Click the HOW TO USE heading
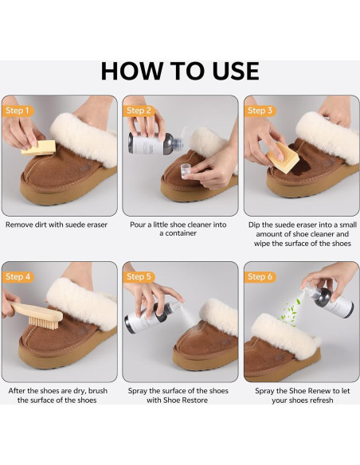180,71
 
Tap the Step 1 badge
18,111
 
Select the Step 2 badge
138,111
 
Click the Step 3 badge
260,111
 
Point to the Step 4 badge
18,276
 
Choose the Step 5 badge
138,276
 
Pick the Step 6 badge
260,276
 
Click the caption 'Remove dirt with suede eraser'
56,225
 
